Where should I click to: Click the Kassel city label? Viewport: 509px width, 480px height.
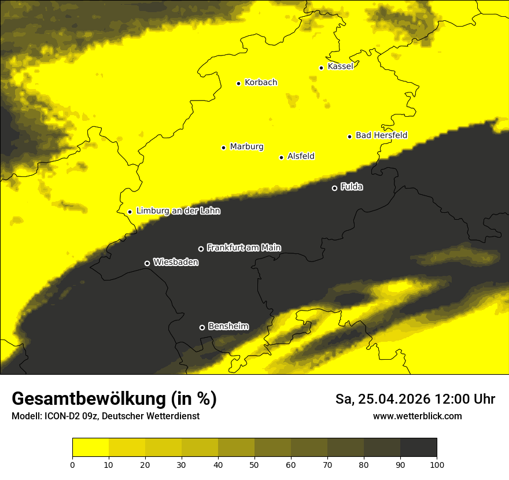pos(340,67)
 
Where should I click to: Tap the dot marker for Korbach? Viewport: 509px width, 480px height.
pos(238,83)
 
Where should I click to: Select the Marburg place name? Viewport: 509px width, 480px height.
pos(246,147)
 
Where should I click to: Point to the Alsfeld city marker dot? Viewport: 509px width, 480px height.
pos(281,157)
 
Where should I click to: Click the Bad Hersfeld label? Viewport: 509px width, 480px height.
pos(381,135)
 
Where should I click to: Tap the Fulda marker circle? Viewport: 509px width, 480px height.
pos(334,188)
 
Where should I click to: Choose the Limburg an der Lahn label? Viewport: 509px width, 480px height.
pos(178,211)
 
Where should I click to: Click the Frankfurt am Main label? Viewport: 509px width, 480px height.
pos(244,248)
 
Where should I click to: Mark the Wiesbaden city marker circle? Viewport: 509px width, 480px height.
pos(147,263)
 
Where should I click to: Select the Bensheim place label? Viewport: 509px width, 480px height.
pos(228,327)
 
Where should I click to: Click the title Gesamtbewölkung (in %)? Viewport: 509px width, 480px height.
pos(114,399)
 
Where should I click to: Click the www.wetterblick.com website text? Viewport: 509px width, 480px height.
pos(417,416)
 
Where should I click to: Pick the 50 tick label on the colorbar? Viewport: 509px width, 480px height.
pos(254,464)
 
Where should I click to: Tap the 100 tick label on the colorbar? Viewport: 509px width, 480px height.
pos(437,464)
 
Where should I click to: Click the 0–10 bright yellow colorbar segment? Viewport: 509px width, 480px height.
pos(90,448)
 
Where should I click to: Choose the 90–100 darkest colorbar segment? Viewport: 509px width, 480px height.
pos(418,448)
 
